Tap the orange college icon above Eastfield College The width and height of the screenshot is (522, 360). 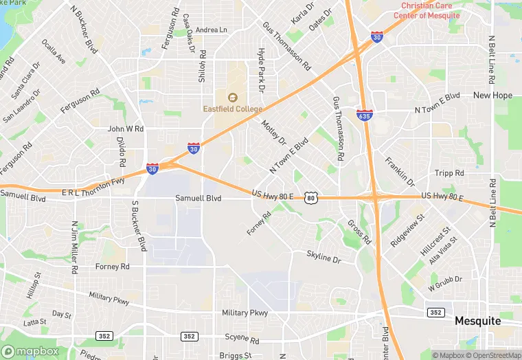232,98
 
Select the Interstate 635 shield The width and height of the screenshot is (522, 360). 365,115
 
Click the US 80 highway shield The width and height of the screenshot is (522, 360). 312,198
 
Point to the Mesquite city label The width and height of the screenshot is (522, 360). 478,321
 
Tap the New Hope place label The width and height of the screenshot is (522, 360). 492,95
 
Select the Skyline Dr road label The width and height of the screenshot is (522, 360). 324,257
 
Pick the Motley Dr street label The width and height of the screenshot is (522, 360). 273,132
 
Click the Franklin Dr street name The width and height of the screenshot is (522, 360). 400,172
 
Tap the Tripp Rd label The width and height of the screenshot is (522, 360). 450,173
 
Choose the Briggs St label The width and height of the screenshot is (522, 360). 236,355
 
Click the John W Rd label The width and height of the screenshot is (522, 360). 125,128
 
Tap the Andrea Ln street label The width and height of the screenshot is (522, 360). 211,30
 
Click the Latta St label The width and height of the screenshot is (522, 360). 34,322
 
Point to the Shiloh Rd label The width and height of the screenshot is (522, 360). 202,65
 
